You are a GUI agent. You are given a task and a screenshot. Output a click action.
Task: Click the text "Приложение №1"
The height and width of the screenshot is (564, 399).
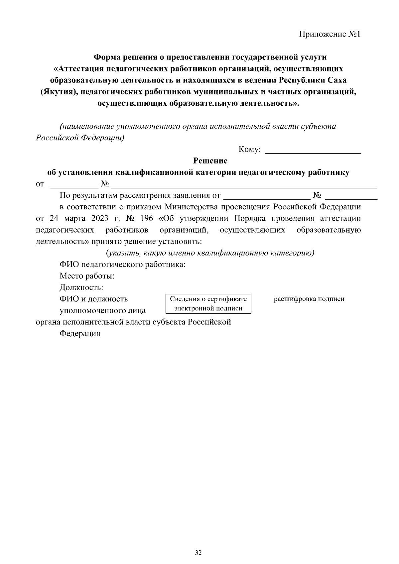pos(330,34)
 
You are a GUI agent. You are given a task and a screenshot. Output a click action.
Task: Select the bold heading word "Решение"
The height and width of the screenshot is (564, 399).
pos(210,161)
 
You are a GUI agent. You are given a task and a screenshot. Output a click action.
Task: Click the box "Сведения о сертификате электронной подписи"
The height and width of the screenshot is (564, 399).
pos(208,303)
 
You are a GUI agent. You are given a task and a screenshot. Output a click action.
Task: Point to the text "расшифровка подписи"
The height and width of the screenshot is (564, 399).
pos(309,299)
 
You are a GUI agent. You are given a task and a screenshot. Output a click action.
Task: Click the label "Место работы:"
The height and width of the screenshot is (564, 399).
pos(87,276)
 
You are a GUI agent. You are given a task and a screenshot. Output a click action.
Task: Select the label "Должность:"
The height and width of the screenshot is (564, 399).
pos(81,287)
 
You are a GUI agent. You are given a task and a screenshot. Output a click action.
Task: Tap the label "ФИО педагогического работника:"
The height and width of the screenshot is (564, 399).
pos(122,265)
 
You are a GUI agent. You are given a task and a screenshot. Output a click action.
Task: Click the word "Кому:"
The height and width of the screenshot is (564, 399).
pos(249,150)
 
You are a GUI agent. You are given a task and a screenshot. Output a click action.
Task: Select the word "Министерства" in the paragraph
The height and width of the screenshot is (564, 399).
pos(191,207)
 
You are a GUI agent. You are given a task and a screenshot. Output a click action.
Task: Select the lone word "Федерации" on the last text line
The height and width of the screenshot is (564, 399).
pos(80,333)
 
